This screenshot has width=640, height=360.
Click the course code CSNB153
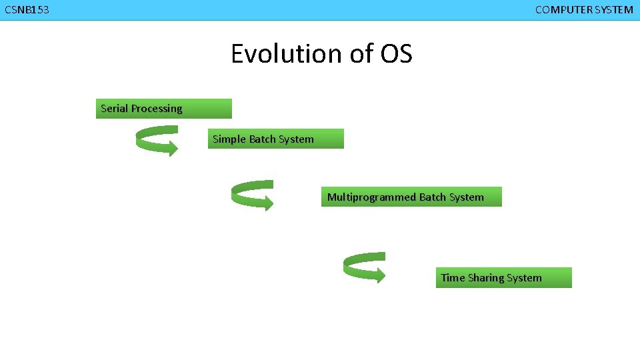[x=27, y=10]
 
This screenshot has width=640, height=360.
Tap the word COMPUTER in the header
[x=561, y=10]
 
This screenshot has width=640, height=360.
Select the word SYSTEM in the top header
[x=612, y=10]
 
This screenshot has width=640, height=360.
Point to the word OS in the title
[x=397, y=53]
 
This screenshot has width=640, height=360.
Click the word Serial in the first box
[x=114, y=109]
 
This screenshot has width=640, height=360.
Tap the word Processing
[x=156, y=109]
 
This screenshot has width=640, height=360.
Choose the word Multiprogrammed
[x=371, y=197]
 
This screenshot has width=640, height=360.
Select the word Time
[x=453, y=278]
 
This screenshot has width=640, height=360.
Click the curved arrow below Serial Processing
[x=157, y=141]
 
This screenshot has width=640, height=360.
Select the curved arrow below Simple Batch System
[x=252, y=195]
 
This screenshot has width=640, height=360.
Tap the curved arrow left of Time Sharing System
[x=364, y=267]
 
